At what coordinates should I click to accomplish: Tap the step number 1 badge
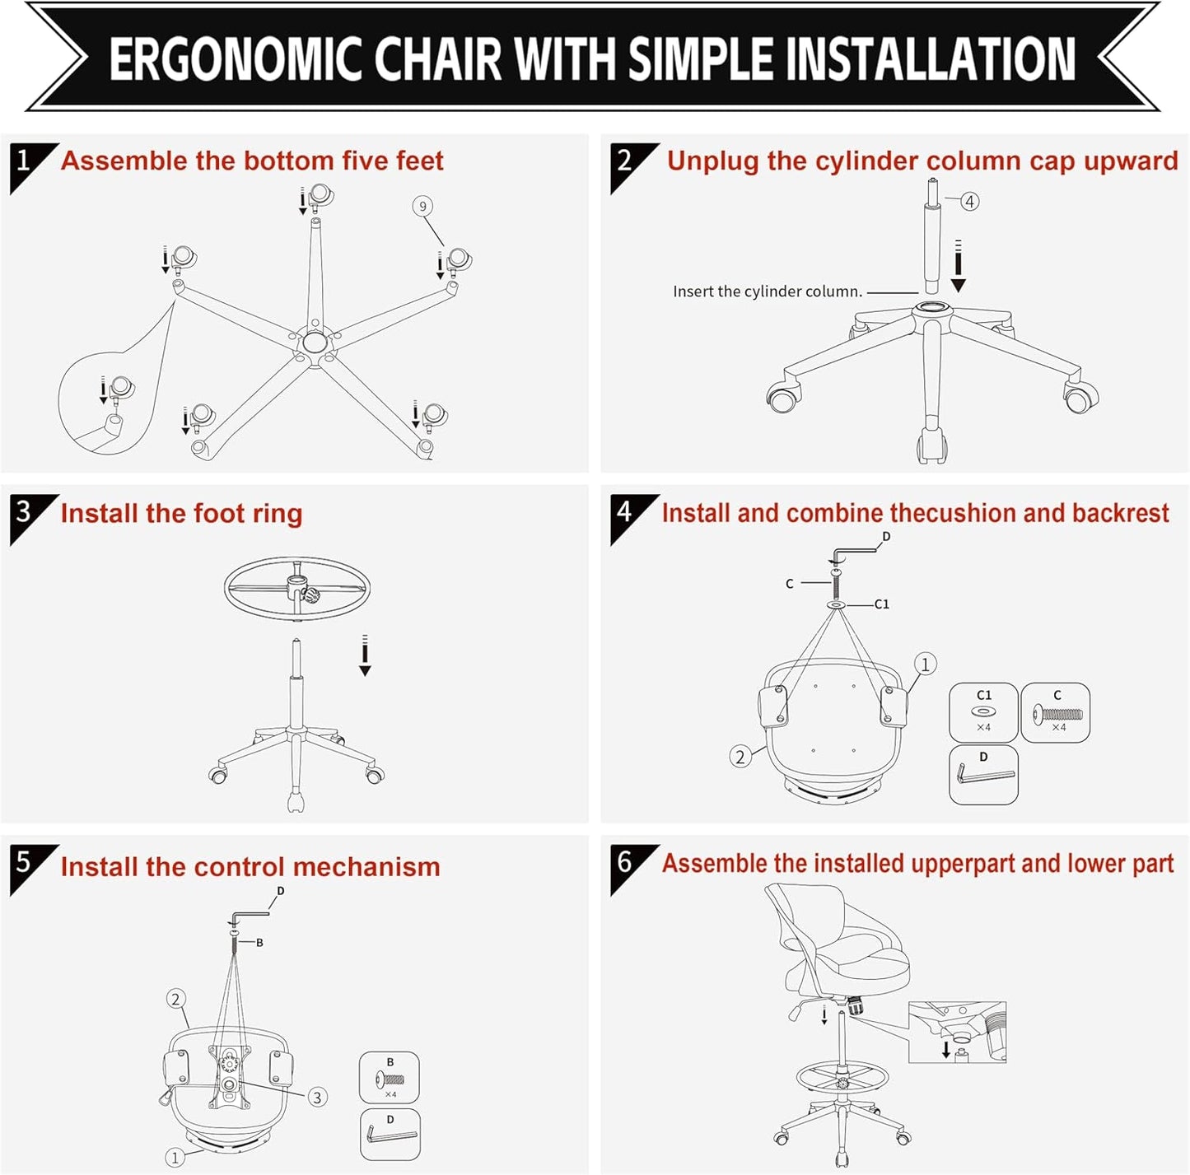[24, 161]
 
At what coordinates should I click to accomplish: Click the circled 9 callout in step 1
[422, 206]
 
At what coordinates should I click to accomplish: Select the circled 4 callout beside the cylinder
[970, 201]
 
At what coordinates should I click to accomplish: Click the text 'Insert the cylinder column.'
[767, 291]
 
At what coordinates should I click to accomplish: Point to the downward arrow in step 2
[958, 267]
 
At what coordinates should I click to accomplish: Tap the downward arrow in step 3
[365, 655]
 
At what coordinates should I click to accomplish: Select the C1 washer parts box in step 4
[983, 712]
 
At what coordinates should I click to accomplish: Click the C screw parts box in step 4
[1056, 712]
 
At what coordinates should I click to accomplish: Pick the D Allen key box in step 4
[983, 774]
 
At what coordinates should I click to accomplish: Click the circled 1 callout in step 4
[925, 664]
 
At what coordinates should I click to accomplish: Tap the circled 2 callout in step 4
[740, 757]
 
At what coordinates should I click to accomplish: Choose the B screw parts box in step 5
[390, 1077]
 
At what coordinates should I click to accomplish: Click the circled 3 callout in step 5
[317, 1097]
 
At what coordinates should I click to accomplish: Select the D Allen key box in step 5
[390, 1135]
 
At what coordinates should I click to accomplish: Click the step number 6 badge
[625, 862]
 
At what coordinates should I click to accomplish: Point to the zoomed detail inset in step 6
[957, 1033]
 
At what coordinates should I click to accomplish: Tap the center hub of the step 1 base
[313, 342]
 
